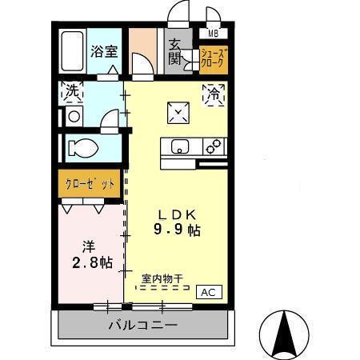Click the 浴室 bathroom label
tap(104, 52)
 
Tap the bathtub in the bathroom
tap(73, 52)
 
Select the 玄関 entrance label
tap(175, 51)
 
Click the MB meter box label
tap(213, 34)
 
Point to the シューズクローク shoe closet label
tap(214, 58)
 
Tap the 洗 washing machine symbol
tap(73, 92)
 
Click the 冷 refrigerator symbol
tap(214, 94)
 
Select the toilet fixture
tap(83, 148)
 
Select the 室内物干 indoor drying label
tap(162, 279)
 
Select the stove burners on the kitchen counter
tap(214, 146)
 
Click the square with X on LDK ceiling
tap(177, 114)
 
